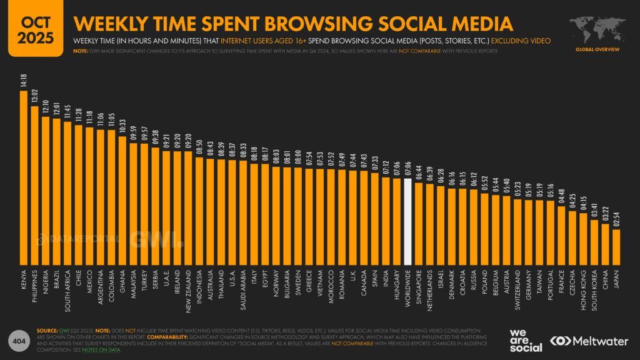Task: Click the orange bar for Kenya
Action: click(x=24, y=177)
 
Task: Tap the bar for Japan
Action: click(x=616, y=247)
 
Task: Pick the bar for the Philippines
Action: click(x=35, y=185)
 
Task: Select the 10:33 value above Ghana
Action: click(x=122, y=127)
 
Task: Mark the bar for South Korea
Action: click(x=594, y=242)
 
